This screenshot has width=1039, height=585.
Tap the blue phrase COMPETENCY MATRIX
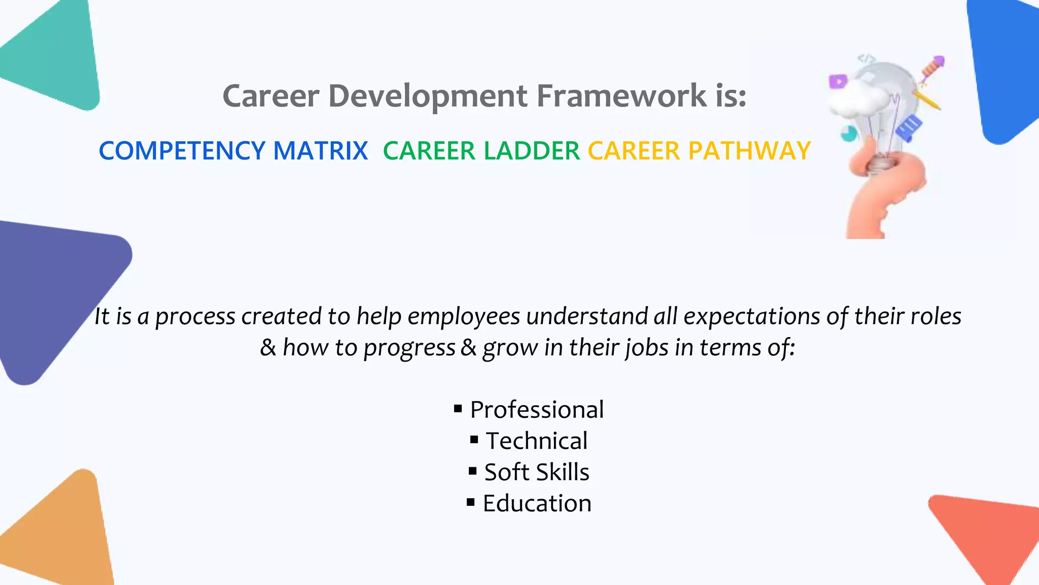tap(233, 151)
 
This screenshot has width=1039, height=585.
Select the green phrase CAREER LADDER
tap(481, 151)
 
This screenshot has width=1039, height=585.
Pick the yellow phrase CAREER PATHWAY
tap(699, 151)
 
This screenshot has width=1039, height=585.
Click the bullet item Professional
tap(537, 410)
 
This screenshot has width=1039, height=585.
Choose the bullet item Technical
tap(537, 441)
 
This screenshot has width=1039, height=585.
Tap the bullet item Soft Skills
tap(537, 472)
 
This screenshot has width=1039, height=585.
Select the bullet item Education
tap(537, 503)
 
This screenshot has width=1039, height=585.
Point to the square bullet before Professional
tap(458, 408)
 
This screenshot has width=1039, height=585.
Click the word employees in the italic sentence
tap(464, 316)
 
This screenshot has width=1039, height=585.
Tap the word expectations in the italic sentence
tap(752, 316)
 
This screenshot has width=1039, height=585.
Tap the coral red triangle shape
tap(989, 533)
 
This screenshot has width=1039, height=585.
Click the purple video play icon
tap(838, 81)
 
